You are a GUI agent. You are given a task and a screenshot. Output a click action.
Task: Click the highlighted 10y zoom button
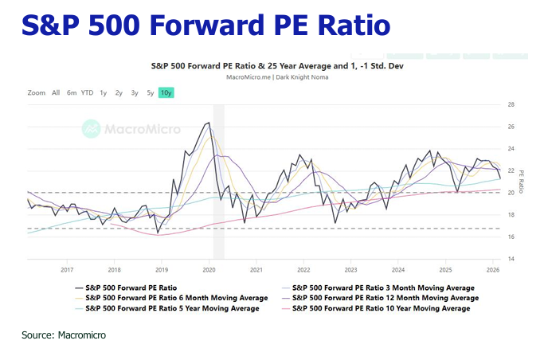point(166,92)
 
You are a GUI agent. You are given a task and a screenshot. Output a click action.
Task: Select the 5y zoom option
point(151,92)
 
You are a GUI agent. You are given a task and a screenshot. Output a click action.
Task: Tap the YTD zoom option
point(87,92)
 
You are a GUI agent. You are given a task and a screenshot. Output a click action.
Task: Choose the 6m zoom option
point(72,92)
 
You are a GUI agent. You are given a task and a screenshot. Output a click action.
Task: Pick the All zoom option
point(56,92)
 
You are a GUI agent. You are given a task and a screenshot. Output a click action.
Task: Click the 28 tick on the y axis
point(510,104)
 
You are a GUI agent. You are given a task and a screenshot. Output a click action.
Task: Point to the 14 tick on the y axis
point(510,259)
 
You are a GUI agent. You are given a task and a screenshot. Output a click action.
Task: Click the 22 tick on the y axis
point(510,170)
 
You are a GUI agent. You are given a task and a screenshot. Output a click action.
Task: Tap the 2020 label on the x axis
point(208,270)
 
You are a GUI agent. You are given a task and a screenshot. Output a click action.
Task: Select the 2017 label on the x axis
point(67,270)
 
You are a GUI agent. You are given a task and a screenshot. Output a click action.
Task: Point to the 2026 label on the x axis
point(491,270)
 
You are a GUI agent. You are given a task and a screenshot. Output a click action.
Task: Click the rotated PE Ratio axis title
point(522,182)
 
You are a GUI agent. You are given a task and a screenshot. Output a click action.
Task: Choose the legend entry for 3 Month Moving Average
point(382,287)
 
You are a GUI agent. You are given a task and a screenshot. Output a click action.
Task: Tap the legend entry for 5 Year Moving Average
point(171,307)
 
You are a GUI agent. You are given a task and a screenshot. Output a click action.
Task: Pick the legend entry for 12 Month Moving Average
point(385,297)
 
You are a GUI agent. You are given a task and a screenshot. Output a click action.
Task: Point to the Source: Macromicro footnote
point(64,335)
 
